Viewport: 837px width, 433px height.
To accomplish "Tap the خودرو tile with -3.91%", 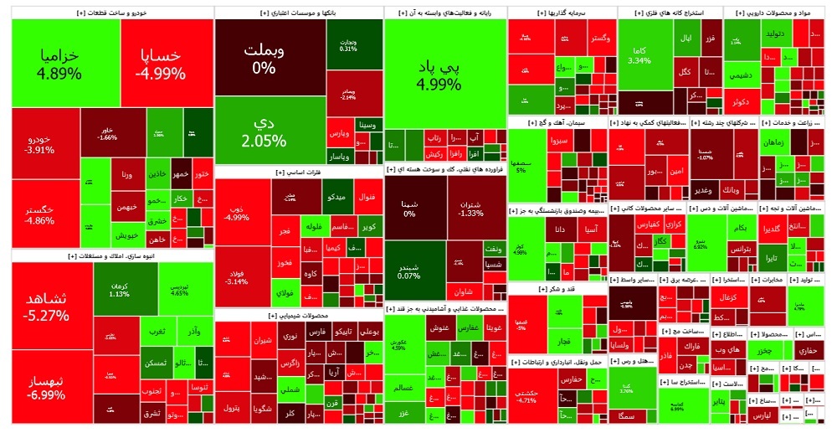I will point(40,144).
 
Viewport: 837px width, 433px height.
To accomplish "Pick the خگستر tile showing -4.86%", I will point(40,215).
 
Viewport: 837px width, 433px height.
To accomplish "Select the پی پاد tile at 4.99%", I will point(444,74).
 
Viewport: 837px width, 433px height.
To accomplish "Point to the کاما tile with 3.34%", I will point(639,55).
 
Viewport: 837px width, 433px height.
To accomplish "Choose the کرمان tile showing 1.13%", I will point(119,288).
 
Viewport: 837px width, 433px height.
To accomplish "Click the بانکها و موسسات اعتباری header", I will point(298,14).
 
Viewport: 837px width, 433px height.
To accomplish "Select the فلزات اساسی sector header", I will point(298,172).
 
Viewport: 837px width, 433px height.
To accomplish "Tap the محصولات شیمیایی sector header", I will point(298,316).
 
